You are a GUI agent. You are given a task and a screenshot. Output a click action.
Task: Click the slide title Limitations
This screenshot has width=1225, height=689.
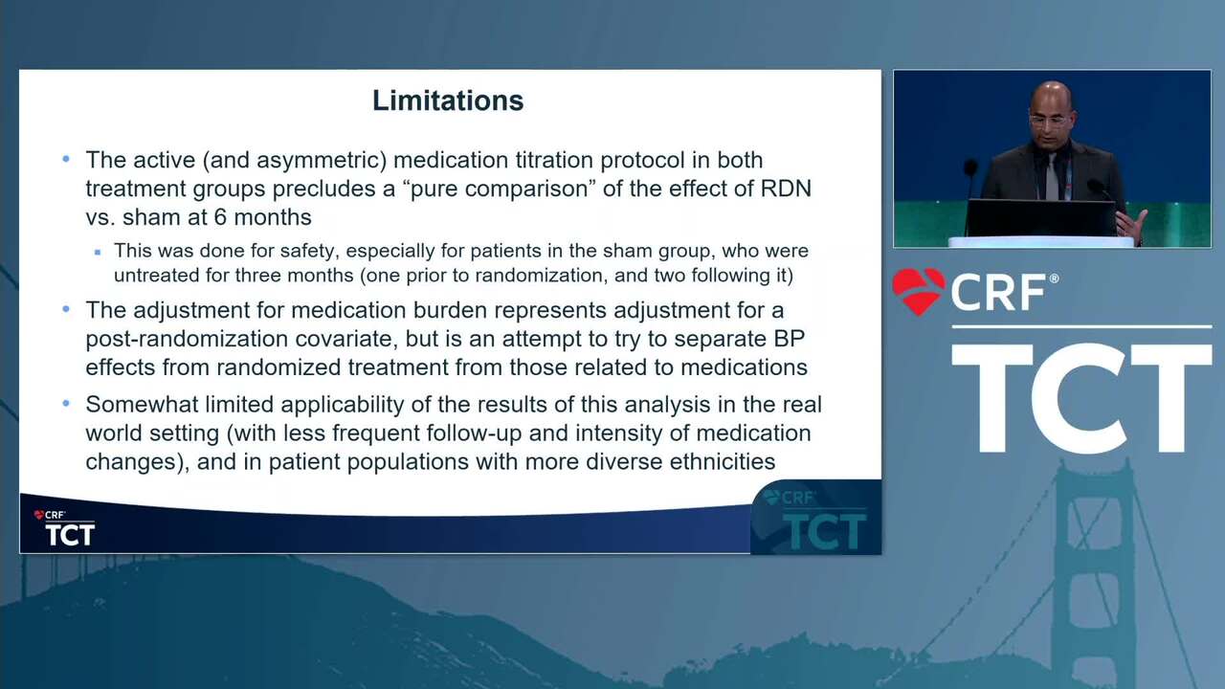click(x=448, y=100)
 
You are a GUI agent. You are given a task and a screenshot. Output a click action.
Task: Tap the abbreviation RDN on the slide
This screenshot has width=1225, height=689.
click(x=786, y=189)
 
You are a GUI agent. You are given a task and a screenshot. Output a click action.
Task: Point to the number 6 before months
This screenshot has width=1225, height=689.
click(x=220, y=217)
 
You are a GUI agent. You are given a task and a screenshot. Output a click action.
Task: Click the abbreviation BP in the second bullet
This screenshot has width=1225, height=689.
click(x=789, y=339)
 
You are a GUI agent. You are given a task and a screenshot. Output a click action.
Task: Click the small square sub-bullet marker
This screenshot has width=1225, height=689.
click(x=98, y=252)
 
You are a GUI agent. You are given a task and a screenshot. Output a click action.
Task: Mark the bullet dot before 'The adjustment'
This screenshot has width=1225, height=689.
click(x=66, y=309)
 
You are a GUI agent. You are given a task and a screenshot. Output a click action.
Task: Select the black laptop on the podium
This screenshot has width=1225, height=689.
click(x=1040, y=217)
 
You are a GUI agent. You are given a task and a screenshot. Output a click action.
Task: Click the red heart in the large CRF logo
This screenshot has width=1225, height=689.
click(x=919, y=291)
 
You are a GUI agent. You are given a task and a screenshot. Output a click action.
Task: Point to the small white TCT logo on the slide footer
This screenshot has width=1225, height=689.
click(x=70, y=534)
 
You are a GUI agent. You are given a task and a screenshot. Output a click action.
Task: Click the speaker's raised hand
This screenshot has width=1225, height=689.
click(x=1132, y=225)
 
